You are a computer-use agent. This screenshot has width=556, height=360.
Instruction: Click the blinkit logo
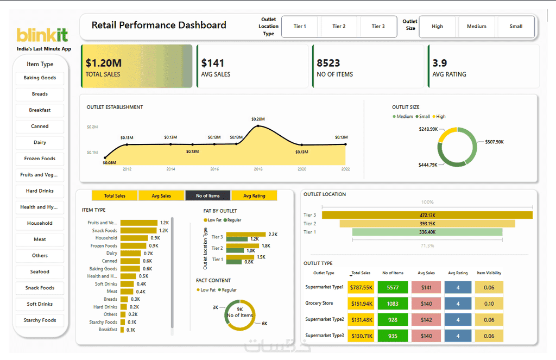42,35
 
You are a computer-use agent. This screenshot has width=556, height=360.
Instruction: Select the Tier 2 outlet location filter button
339,26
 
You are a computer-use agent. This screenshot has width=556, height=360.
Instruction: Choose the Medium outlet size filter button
477,26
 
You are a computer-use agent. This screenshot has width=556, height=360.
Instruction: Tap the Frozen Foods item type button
40,159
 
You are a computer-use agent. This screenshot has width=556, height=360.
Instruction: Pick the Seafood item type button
40,271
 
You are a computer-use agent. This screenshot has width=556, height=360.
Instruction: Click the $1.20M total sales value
104,63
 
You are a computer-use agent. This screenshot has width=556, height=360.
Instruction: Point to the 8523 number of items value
328,63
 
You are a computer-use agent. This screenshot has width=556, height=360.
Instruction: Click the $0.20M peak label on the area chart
258,119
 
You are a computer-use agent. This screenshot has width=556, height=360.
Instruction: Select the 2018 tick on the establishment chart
258,169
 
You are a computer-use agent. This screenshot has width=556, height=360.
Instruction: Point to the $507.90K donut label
494,142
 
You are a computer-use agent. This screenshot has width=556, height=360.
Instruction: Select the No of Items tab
208,195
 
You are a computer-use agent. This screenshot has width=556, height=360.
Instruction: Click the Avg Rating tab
254,195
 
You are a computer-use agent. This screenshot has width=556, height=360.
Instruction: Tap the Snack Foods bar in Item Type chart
138,231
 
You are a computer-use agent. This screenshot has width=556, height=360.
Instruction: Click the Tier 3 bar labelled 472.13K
427,215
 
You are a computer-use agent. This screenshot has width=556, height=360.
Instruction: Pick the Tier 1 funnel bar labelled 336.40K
427,232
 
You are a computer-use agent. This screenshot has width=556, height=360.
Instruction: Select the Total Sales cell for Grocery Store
362,304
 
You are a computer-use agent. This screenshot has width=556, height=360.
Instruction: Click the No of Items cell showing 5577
393,288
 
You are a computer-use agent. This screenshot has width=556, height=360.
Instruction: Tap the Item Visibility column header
489,273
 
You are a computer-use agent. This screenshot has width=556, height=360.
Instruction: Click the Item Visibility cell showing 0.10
489,304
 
